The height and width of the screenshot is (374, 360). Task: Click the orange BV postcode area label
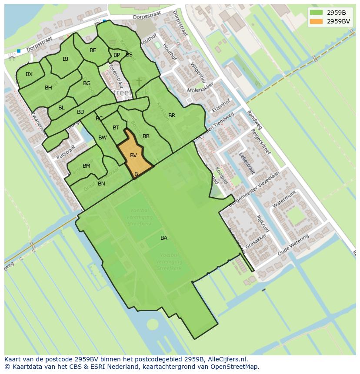coord(133,156)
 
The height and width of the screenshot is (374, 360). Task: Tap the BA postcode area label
coord(164,238)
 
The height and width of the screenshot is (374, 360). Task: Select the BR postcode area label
coord(172,116)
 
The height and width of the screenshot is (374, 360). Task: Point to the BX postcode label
coord(29,74)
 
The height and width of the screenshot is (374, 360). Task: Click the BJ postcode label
coord(65,59)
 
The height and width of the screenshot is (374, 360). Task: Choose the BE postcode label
coord(93,50)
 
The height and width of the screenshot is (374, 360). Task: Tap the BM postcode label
coord(87,166)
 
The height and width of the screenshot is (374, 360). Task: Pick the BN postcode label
coord(101,184)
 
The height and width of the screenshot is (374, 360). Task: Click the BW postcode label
coord(103,138)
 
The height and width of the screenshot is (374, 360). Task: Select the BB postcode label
coord(146,136)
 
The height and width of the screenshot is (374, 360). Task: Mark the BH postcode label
coord(48,88)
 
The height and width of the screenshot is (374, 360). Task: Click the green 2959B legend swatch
coord(316,12)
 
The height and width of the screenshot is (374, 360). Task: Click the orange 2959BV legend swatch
coord(316,21)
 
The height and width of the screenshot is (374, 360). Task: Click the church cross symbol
coord(139,81)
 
